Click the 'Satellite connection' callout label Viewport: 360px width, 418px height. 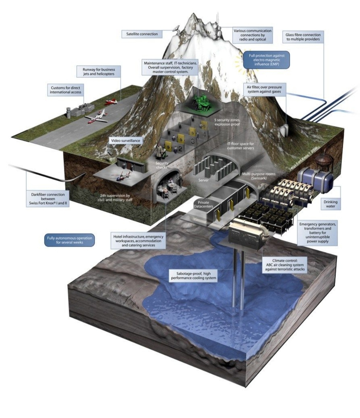(x=142, y=34)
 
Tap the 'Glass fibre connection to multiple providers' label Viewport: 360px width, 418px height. (x=303, y=37)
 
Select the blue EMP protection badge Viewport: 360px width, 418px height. (x=266, y=60)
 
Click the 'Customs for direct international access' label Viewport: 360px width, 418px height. (x=66, y=90)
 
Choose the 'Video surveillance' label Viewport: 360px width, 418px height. (x=126, y=141)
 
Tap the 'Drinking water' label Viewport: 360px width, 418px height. (x=330, y=204)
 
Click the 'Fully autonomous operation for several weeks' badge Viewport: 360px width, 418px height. (x=70, y=240)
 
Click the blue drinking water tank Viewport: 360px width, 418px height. (x=317, y=180)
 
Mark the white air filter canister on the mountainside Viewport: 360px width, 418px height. (x=285, y=130)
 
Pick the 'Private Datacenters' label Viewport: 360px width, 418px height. (x=203, y=204)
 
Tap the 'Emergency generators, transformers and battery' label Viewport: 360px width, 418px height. (x=318, y=232)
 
